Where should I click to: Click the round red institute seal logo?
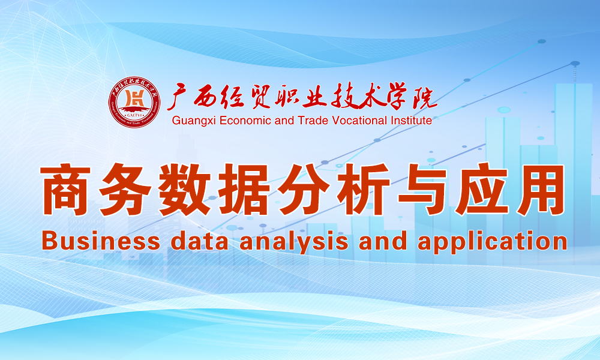coord(134,102)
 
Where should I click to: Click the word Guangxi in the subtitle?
coord(194,121)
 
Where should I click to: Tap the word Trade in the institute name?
coord(313,121)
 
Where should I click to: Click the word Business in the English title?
coord(101,242)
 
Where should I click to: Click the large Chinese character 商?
coord(67,189)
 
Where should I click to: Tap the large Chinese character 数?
coord(184,189)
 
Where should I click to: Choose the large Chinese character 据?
coord(244,189)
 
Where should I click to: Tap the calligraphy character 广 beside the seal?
coord(179,97)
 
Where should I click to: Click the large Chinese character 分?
coord(303,189)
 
